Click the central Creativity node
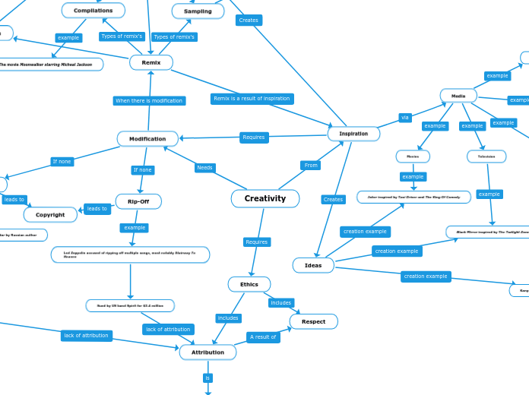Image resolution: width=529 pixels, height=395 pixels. tap(264, 198)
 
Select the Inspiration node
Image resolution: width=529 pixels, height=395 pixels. tap(353, 134)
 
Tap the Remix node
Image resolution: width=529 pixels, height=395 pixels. tap(150, 62)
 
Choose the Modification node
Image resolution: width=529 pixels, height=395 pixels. tap(147, 139)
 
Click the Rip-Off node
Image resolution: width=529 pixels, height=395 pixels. tap(138, 201)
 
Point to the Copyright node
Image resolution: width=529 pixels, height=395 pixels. tap(50, 215)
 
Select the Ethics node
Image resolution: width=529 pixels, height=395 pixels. tap(249, 284)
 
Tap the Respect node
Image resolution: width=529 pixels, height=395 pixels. tap(313, 321)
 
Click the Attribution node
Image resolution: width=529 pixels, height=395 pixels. tap(207, 352)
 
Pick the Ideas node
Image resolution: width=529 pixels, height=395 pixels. tap(313, 265)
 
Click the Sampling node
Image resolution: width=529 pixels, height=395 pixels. tap(198, 11)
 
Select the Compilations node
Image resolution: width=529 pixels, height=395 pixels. tap(93, 11)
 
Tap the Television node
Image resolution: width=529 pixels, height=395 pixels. tap(486, 156)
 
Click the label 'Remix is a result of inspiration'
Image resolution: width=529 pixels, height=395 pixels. tap(252, 99)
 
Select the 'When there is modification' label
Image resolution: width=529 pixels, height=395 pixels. tap(149, 100)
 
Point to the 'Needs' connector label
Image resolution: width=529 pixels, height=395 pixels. tap(204, 168)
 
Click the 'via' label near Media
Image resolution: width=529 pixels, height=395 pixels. tap(405, 118)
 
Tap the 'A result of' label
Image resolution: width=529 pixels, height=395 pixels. tap(263, 337)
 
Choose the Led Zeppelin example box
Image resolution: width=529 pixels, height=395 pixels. tap(130, 254)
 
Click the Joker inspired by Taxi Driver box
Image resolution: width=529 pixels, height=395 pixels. tap(413, 197)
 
